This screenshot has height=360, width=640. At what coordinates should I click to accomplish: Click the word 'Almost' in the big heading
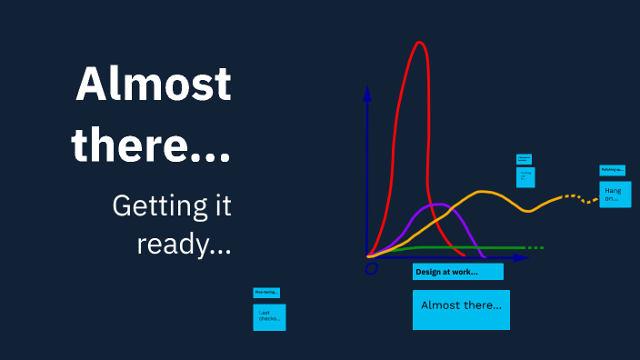click(x=153, y=85)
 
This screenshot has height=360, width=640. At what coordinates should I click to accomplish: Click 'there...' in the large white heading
click(x=151, y=144)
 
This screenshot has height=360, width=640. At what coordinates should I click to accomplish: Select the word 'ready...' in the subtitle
click(x=184, y=243)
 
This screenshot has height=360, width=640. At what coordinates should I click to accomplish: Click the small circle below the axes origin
click(x=371, y=268)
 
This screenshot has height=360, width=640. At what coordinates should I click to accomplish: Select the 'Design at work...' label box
click(x=457, y=272)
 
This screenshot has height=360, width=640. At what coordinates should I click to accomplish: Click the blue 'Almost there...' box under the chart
click(x=461, y=309)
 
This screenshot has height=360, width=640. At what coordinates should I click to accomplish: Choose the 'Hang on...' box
click(x=615, y=194)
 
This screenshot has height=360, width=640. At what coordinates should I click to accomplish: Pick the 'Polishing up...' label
click(x=612, y=170)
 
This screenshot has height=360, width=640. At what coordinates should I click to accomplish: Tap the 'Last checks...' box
click(x=269, y=316)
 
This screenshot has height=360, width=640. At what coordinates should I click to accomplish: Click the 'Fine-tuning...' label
click(x=266, y=292)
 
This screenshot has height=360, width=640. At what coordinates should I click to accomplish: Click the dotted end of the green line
click(x=535, y=247)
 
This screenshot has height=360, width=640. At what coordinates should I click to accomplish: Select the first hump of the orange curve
click(x=484, y=192)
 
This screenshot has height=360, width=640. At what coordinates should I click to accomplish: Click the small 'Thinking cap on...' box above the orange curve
click(x=525, y=176)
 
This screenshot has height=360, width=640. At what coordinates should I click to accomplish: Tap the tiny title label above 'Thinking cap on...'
click(x=524, y=158)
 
